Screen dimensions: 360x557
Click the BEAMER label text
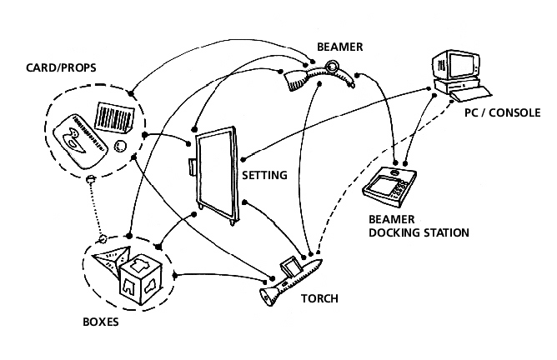click(339, 47)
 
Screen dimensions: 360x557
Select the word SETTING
click(264, 176)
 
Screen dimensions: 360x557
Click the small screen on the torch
click(291, 269)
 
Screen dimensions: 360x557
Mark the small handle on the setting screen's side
click(192, 166)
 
